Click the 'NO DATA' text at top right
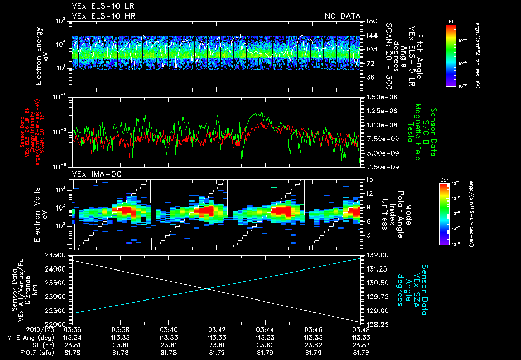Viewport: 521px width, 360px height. click(x=342, y=16)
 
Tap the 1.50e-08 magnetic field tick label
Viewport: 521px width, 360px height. click(x=380, y=97)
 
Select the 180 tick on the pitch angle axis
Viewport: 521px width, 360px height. click(x=370, y=21)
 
